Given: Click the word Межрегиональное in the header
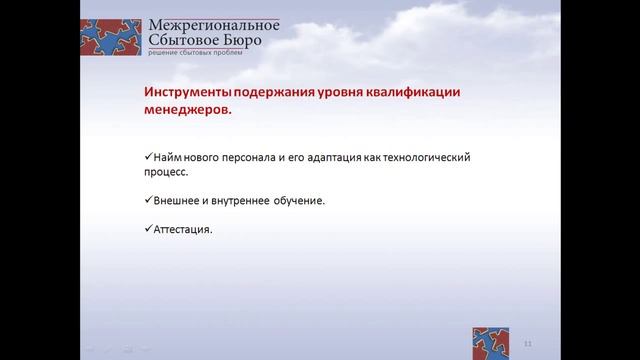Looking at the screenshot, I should coord(213,26).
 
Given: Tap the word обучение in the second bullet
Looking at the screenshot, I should coord(297,200).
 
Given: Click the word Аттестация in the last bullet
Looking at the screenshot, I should coord(182,228).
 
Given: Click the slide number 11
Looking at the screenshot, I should coord(527,343).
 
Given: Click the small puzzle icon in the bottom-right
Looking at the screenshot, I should coord(492,340).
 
